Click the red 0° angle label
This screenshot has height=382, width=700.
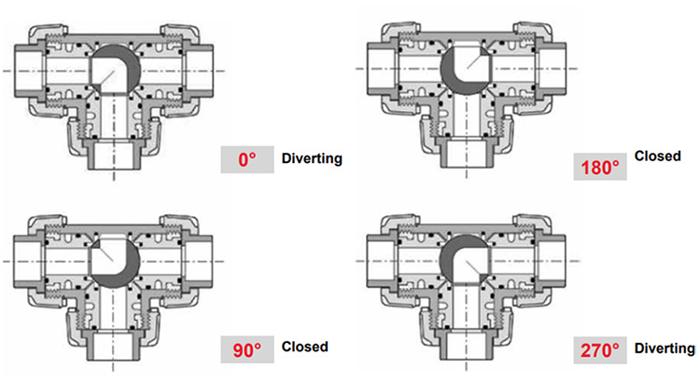coord(246,159)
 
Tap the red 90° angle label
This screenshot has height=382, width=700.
coord(246,349)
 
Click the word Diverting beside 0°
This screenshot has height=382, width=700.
coord(312,158)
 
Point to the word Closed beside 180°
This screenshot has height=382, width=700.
coord(657,156)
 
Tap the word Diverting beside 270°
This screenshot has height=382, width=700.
coord(665,348)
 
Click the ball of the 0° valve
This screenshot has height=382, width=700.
coord(115,72)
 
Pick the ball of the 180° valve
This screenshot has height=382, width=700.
coord(466,70)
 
